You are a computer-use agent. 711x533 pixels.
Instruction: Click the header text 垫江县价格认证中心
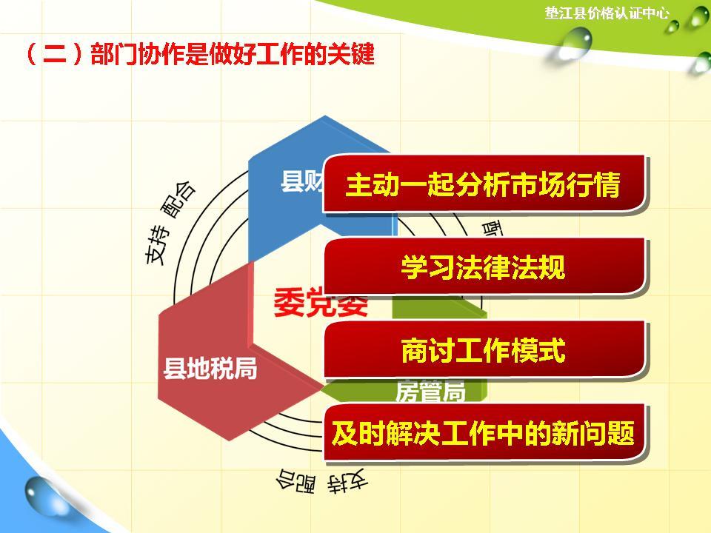pyautogui.click(x=607, y=13)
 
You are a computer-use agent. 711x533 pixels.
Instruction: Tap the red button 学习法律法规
pyautogui.click(x=483, y=267)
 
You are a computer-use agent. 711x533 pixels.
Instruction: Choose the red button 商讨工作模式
pyautogui.click(x=483, y=350)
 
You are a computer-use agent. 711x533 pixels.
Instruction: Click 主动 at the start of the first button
pyautogui.click(x=367, y=184)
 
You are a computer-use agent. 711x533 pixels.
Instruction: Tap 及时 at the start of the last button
pyautogui.click(x=353, y=433)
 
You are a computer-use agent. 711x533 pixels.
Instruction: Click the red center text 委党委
pyautogui.click(x=320, y=302)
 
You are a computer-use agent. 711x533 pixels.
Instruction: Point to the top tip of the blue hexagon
pyautogui.click(x=324, y=117)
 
